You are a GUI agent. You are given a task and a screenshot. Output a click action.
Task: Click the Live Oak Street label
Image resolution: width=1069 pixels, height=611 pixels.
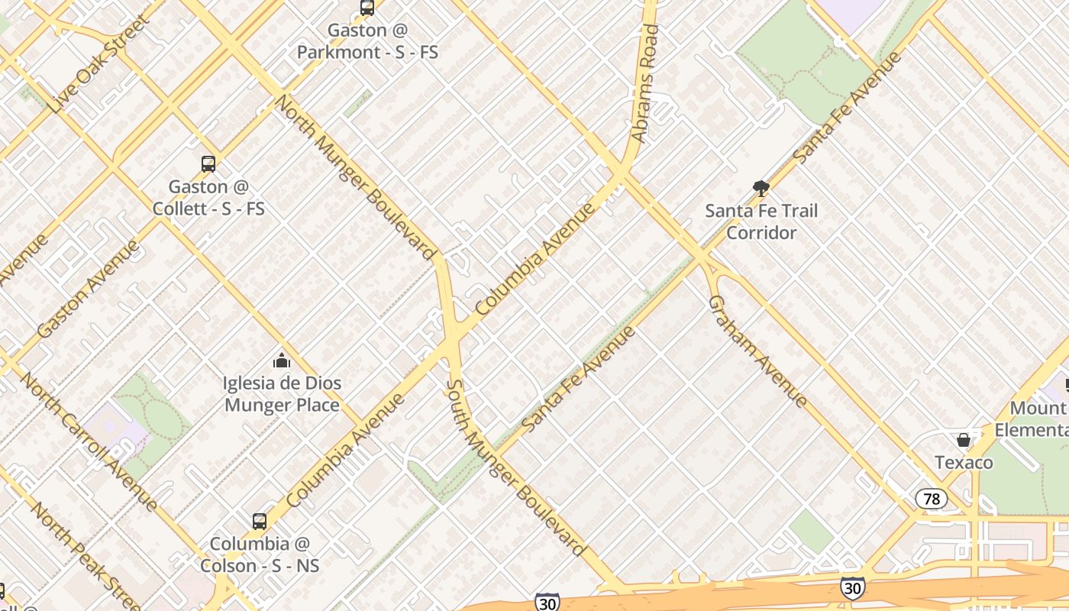[97, 65]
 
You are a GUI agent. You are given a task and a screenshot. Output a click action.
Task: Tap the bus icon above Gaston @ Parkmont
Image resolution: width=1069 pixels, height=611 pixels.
[367, 8]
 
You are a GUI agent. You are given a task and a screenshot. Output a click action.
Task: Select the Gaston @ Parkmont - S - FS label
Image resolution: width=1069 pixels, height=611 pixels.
[367, 41]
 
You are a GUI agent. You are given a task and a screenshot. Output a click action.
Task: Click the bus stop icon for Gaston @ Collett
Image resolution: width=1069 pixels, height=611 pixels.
[208, 163]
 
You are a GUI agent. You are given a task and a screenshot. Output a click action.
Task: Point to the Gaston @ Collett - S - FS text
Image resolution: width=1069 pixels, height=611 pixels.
[208, 197]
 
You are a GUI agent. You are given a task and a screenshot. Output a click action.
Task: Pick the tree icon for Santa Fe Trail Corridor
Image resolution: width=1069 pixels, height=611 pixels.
[761, 188]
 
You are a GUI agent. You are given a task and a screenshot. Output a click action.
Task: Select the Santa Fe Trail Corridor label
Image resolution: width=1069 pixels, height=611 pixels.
[761, 221]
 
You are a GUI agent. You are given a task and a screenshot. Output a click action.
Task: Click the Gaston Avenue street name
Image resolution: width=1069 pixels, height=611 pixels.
[89, 289]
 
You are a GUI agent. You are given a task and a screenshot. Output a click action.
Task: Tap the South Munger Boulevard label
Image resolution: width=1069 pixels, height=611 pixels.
[516, 468]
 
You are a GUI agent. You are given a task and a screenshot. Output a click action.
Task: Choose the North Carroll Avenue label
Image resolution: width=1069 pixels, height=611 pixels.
[88, 441]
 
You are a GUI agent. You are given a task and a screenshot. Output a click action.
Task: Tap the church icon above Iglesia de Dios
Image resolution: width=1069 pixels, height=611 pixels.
[282, 360]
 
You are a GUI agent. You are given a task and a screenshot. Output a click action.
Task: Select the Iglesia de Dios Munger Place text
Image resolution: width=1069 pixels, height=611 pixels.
[282, 393]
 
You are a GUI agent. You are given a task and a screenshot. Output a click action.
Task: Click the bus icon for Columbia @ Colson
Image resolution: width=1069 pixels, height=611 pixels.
[260, 522]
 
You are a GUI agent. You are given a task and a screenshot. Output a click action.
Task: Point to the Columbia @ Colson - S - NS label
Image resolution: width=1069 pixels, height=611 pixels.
[260, 554]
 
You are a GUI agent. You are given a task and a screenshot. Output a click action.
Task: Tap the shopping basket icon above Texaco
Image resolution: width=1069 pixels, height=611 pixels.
[964, 440]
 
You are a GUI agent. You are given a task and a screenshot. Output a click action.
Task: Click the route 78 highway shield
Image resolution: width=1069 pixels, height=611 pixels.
[931, 499]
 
